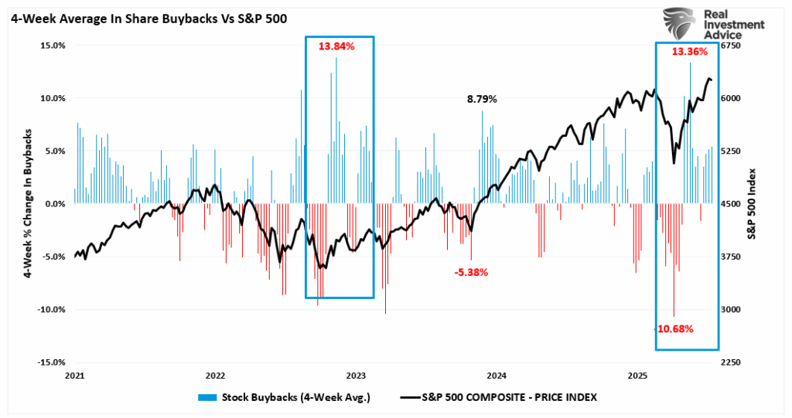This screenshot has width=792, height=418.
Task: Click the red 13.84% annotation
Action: [x=336, y=46]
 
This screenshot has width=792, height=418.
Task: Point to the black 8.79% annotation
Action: [x=481, y=99]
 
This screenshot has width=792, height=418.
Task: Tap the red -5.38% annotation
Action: [x=471, y=273]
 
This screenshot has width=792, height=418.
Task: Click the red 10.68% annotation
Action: [x=675, y=328]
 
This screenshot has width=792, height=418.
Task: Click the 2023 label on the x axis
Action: [x=356, y=376]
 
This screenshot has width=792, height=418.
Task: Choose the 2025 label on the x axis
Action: [x=637, y=376]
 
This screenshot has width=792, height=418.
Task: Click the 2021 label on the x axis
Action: [x=74, y=376]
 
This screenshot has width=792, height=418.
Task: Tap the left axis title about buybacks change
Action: [x=26, y=203]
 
